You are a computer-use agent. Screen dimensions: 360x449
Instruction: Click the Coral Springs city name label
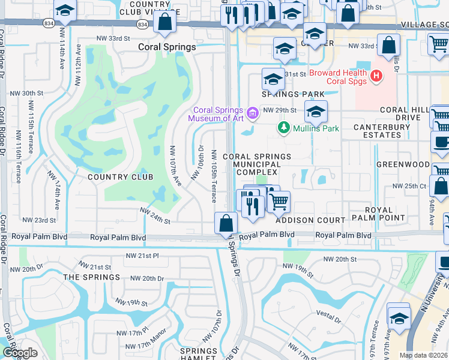click(167, 47)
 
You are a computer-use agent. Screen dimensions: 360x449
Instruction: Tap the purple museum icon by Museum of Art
click(253, 112)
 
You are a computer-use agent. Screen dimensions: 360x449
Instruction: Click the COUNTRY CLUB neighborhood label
click(121, 177)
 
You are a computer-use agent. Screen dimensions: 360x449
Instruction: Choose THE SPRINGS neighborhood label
click(92, 277)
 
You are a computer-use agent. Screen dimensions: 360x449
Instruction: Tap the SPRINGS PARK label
click(292, 94)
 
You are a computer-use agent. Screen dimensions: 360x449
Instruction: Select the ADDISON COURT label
click(310, 221)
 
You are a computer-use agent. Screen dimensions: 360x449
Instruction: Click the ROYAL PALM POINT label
click(388, 214)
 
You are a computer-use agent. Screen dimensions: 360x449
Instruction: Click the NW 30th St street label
click(28, 94)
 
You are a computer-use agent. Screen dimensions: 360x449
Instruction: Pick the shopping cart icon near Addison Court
click(279, 202)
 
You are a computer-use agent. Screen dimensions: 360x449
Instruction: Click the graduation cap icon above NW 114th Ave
click(65, 11)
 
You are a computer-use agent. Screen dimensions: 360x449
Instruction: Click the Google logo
click(20, 353)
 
